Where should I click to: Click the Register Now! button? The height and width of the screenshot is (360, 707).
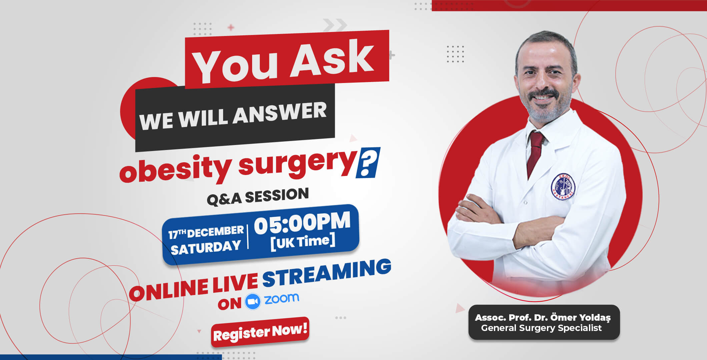coord(260,332)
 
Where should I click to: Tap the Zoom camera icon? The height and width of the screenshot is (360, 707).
coord(252,301)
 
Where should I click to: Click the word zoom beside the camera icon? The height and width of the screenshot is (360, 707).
coord(282,298)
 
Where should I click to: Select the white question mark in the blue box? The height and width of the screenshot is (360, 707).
coord(368,162)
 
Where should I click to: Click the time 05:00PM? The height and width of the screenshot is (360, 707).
coord(302,222)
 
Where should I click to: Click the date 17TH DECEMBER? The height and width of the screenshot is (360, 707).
coord(206,232)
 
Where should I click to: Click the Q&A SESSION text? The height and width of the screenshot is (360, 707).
coord(258,196)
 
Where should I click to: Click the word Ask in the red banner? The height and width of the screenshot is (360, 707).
coord(332,57)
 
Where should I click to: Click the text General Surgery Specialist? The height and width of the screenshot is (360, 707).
coord(541,328)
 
